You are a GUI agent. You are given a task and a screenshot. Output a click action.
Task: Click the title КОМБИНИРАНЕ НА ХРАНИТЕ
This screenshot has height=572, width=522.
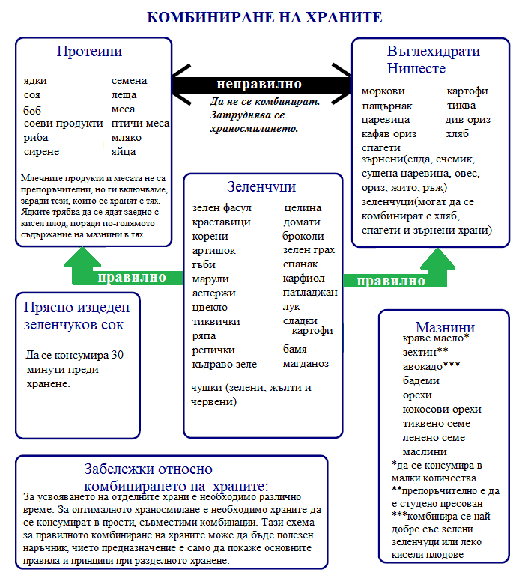pyautogui.click(x=264, y=17)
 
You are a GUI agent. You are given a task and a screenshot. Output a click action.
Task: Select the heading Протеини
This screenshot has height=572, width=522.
pyautogui.click(x=89, y=52)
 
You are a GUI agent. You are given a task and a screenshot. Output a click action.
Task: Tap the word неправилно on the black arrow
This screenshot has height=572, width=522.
pyautogui.click(x=259, y=84)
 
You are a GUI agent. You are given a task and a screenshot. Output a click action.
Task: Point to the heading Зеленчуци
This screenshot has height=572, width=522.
pyautogui.click(x=261, y=186)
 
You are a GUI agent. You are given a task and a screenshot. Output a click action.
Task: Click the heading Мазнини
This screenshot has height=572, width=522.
pyautogui.click(x=445, y=328)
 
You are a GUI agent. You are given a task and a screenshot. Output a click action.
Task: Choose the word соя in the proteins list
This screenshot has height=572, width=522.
pyautogui.click(x=32, y=95)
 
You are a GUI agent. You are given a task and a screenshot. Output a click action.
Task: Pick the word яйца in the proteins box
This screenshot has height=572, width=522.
pyautogui.click(x=124, y=151)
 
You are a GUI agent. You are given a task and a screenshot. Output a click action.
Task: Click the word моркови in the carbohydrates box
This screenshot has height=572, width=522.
pyautogui.click(x=383, y=91)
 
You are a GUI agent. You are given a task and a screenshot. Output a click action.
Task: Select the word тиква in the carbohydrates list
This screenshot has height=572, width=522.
pyautogui.click(x=461, y=106)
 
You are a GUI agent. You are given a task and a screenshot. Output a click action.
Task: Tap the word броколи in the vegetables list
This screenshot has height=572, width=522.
pyautogui.click(x=303, y=236)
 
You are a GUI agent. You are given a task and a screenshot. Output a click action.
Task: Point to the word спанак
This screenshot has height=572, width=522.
pyautogui.click(x=300, y=264)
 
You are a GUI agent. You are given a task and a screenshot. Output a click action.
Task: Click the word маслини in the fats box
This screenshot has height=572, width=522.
pyautogui.click(x=425, y=451)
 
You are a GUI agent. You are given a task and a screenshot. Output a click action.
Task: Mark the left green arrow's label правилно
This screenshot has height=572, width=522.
pyautogui.click(x=132, y=277)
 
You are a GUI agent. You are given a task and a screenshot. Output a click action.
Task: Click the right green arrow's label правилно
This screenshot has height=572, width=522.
pyautogui.click(x=391, y=282)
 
